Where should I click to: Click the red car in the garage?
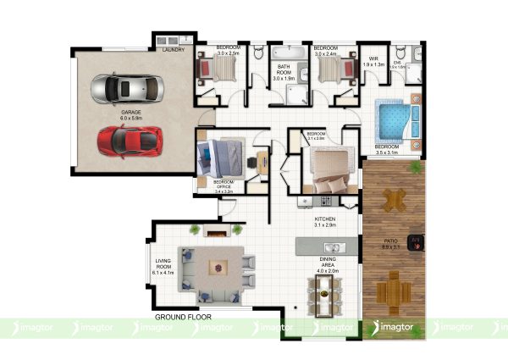[x=129, y=139]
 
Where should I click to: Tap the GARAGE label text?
[x=130, y=111]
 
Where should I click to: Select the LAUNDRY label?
[x=173, y=50]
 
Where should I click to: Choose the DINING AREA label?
[x=329, y=262]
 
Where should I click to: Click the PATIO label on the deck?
[x=391, y=243]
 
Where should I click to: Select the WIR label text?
[x=373, y=60]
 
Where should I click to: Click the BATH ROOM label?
[x=284, y=73]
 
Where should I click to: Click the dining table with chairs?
[x=326, y=293]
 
